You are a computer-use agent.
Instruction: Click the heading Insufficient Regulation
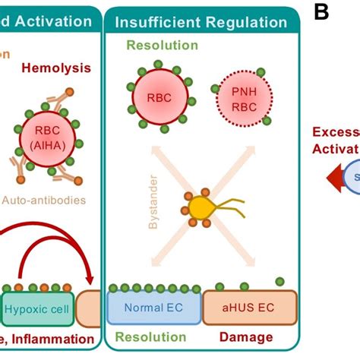point(201,22)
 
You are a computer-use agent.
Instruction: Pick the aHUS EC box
point(247,310)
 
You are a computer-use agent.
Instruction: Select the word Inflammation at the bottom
point(53,339)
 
